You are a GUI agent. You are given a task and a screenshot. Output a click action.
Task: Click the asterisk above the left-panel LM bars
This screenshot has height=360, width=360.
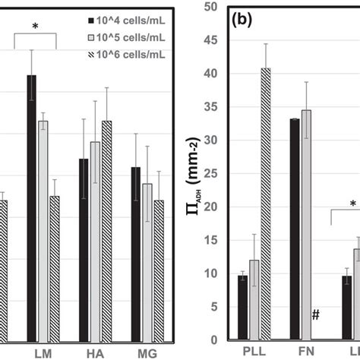click(x=35, y=27)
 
